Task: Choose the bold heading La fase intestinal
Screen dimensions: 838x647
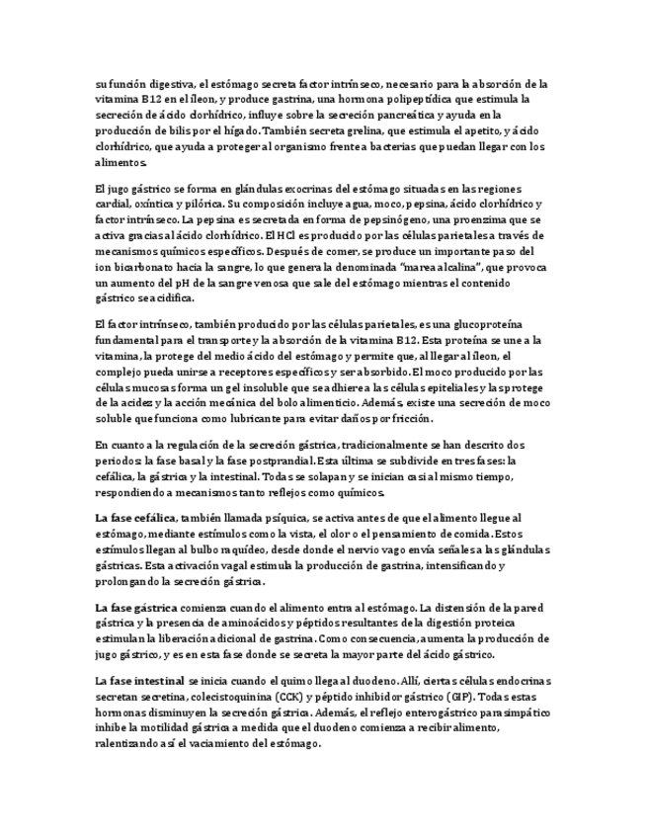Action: point(138,682)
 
